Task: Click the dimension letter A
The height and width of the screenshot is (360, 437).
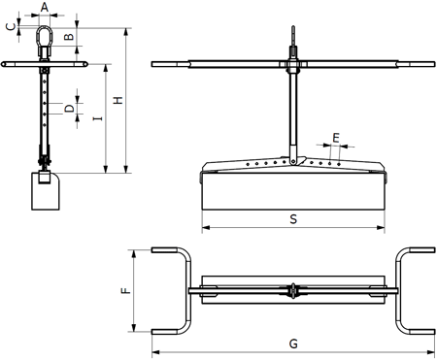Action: (x=45, y=7)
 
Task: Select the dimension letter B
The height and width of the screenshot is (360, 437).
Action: (x=69, y=37)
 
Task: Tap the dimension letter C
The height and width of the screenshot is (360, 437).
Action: (x=12, y=27)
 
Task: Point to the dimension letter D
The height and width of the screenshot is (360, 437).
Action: (x=69, y=109)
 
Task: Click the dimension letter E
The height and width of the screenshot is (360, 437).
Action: (x=336, y=138)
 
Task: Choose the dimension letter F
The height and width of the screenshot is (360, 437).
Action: (x=125, y=290)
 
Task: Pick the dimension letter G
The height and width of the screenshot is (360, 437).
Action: (x=293, y=344)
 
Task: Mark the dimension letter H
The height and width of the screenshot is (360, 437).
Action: (x=118, y=100)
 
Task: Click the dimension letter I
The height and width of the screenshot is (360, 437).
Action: (x=97, y=118)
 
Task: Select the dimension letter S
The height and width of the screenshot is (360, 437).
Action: (x=293, y=219)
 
